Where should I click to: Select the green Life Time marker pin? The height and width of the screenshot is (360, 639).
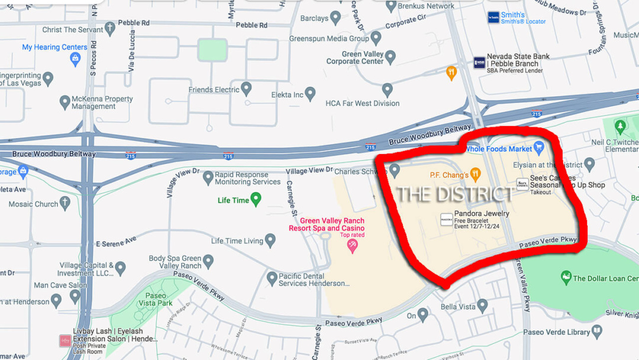click(x=256, y=200)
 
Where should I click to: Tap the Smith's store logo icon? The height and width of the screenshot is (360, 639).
click(x=493, y=18)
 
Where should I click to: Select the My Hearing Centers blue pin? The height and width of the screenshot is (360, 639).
click(x=75, y=58)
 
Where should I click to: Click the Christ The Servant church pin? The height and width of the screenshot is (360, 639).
click(x=109, y=29)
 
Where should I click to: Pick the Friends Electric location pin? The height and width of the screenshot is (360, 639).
click(x=246, y=89)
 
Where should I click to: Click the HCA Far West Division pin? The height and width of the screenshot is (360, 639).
click(x=387, y=90)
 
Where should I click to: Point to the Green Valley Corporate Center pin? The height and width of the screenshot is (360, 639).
click(x=390, y=57)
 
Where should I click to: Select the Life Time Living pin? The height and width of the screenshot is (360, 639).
click(x=270, y=240)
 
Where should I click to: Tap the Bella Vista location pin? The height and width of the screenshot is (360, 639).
click(x=482, y=306)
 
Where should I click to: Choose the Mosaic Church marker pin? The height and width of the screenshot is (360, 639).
click(x=64, y=204)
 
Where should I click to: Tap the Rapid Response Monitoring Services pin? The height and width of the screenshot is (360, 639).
click(x=208, y=177)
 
